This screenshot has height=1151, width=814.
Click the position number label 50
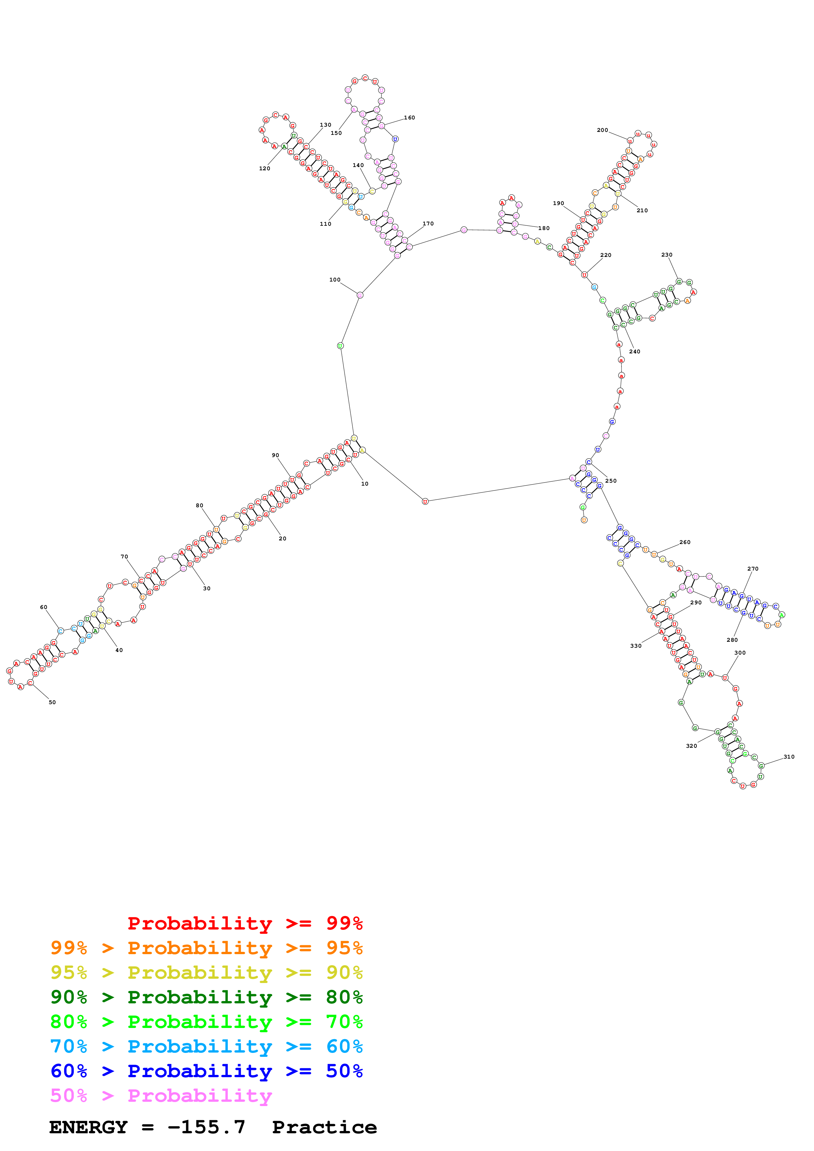coord(52,702)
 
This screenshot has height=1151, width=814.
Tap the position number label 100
coord(335,280)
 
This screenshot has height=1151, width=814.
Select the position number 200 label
coord(602,130)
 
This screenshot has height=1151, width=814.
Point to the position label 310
coord(789,757)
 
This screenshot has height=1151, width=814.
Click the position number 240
coord(634,351)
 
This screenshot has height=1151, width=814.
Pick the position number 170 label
coord(428,223)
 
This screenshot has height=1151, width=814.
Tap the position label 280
coord(732,640)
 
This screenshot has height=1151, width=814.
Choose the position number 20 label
coord(282,538)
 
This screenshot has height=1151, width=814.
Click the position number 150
coord(336,133)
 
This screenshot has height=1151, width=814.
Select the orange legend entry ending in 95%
coord(206,948)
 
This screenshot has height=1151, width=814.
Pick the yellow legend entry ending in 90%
coord(206,973)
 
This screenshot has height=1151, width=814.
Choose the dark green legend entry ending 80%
coord(206,997)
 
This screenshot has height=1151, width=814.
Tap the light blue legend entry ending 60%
coord(206,1046)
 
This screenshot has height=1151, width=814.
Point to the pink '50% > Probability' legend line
coord(161,1095)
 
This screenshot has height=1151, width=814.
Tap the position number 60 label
coord(44,607)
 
